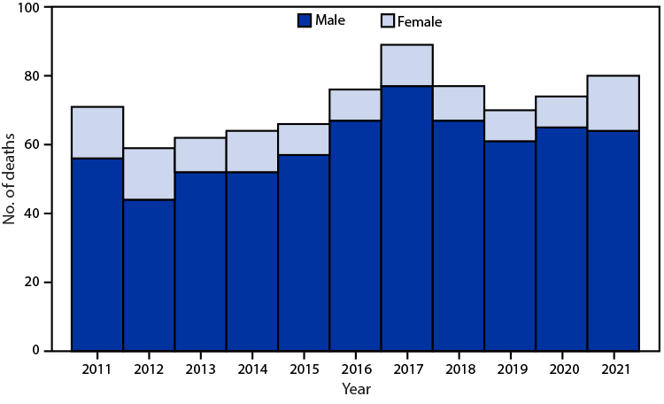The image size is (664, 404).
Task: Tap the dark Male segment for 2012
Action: (x=149, y=275)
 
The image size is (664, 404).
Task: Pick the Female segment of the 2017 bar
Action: (x=407, y=65)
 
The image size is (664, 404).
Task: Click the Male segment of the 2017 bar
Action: (x=407, y=218)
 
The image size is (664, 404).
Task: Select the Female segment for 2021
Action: (x=614, y=103)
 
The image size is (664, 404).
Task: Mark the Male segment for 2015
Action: (x=304, y=252)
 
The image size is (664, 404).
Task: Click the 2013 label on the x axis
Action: (x=201, y=369)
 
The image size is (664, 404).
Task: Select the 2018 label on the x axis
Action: (x=459, y=369)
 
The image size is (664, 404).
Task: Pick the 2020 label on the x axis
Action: (x=562, y=369)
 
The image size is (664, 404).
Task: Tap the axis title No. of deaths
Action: (x=11, y=179)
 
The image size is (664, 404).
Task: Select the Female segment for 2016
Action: (x=356, y=105)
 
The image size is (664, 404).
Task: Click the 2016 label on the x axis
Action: (x=356, y=369)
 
